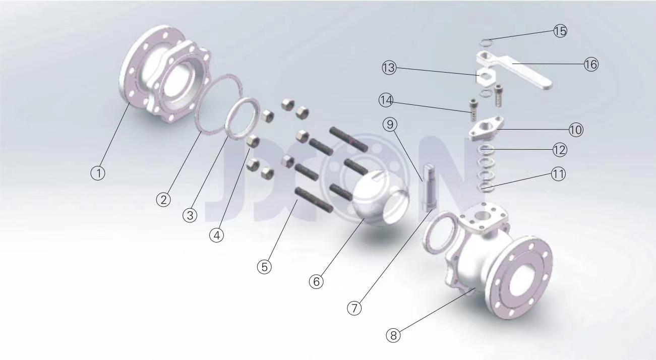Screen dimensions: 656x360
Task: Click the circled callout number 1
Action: pos(98,173)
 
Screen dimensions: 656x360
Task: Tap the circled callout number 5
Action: pos(264,267)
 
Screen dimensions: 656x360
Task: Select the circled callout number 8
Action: pos(393,335)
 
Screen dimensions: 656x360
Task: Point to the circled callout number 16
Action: pos(591,64)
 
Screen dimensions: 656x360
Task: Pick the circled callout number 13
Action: pos(389,68)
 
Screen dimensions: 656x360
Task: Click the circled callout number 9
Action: pos(390,125)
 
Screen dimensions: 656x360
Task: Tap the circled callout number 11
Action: pos(558,174)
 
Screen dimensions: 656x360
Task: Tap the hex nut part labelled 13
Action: pos(486,76)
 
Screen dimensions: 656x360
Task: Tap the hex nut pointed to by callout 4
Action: pos(253,141)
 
